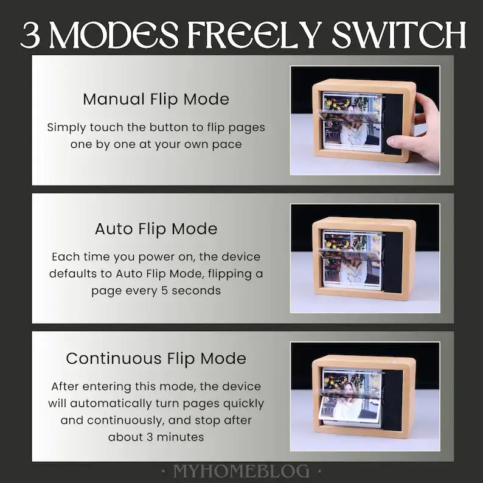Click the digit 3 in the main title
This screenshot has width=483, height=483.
pyautogui.click(x=30, y=35)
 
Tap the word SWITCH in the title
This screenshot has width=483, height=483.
pyautogui.click(x=398, y=35)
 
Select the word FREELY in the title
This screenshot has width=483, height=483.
pyautogui.click(x=254, y=35)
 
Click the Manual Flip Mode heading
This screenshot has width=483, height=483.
pyautogui.click(x=156, y=99)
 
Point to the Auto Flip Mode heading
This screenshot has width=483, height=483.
pyautogui.click(x=156, y=229)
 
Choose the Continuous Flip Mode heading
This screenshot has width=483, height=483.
pyautogui.click(x=156, y=358)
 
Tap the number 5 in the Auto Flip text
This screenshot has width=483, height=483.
pyautogui.click(x=164, y=291)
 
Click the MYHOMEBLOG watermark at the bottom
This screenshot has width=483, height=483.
pyautogui.click(x=241, y=471)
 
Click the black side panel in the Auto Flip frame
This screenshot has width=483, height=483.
pyautogui.click(x=392, y=262)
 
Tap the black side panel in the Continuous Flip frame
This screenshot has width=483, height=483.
pyautogui.click(x=392, y=400)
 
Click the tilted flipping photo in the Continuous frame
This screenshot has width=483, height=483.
pyautogui.click(x=350, y=408)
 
